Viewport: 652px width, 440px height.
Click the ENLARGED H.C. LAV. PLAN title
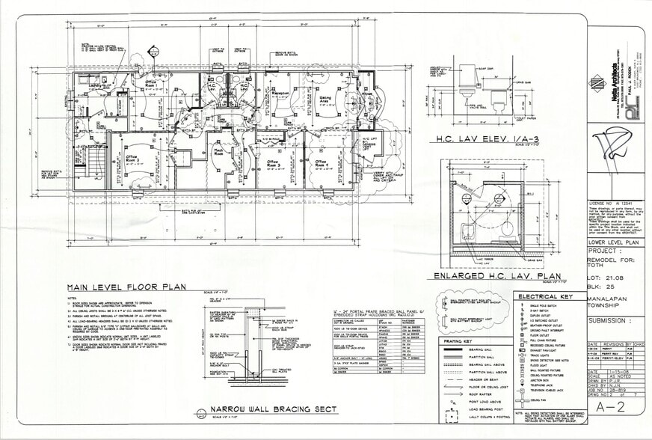(x=496, y=275)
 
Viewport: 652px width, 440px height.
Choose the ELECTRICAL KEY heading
(x=546, y=297)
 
